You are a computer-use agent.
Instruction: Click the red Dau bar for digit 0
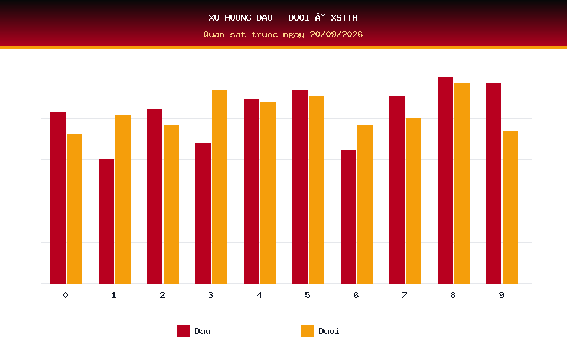(58, 198)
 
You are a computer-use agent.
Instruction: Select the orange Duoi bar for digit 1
(123, 199)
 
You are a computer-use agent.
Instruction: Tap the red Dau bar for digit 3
(203, 214)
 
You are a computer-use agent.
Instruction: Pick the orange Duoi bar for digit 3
(220, 186)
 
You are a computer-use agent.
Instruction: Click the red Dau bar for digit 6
(348, 217)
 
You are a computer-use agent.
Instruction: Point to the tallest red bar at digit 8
(445, 181)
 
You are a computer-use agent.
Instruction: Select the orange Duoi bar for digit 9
(510, 208)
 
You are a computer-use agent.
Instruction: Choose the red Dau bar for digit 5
(300, 186)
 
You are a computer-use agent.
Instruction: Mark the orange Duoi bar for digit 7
(413, 201)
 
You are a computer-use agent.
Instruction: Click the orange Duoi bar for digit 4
(268, 193)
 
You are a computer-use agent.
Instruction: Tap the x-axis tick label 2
(162, 295)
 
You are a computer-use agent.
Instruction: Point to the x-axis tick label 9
(501, 295)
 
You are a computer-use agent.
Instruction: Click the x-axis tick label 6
(356, 295)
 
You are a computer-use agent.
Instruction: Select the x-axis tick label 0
(66, 295)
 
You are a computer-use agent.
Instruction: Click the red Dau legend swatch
(183, 330)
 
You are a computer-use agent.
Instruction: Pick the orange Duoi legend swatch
(307, 330)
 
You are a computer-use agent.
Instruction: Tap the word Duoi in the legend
(329, 331)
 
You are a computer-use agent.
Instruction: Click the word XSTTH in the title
(344, 18)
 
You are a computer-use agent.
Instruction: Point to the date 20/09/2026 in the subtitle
(336, 34)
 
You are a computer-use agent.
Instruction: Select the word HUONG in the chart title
(238, 18)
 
